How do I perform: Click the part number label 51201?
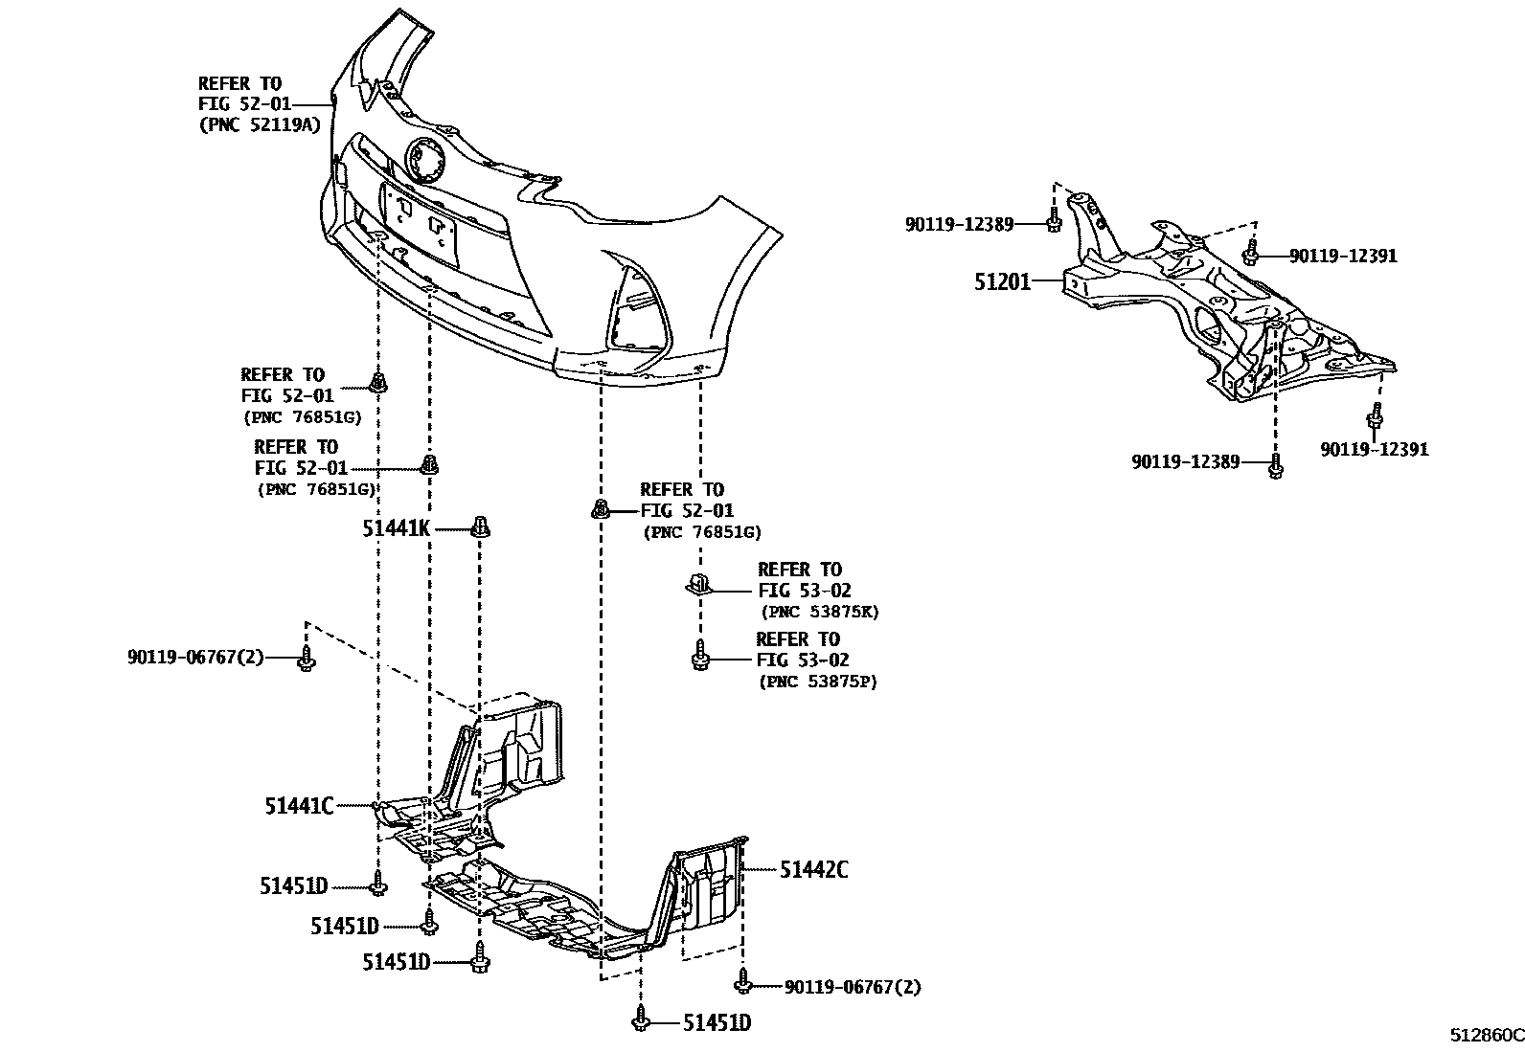(1003, 282)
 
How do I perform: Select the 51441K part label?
(397, 527)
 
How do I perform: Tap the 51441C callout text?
(299, 807)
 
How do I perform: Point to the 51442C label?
(813, 870)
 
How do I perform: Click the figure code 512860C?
(1485, 1036)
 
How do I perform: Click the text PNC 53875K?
(819, 612)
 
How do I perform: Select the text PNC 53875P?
(817, 682)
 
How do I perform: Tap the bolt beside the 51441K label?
(481, 527)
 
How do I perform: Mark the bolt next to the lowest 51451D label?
(640, 1020)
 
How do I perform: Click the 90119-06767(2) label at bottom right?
(852, 987)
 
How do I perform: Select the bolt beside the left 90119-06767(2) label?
(306, 659)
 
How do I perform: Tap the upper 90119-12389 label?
(959, 224)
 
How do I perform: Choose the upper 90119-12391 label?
(1343, 256)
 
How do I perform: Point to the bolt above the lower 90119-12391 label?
(1376, 417)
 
